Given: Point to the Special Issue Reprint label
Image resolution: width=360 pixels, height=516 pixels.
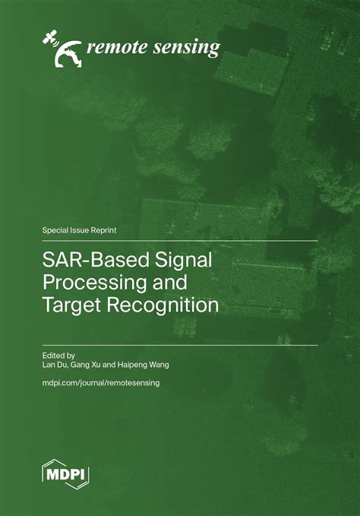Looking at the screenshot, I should pyautogui.click(x=80, y=229).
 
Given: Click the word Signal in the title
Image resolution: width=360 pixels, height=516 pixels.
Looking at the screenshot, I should pyautogui.click(x=182, y=261).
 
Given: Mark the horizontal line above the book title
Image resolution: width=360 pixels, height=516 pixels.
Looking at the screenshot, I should pyautogui.click(x=180, y=241).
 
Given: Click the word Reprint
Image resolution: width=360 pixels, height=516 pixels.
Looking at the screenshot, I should pyautogui.click(x=103, y=229).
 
